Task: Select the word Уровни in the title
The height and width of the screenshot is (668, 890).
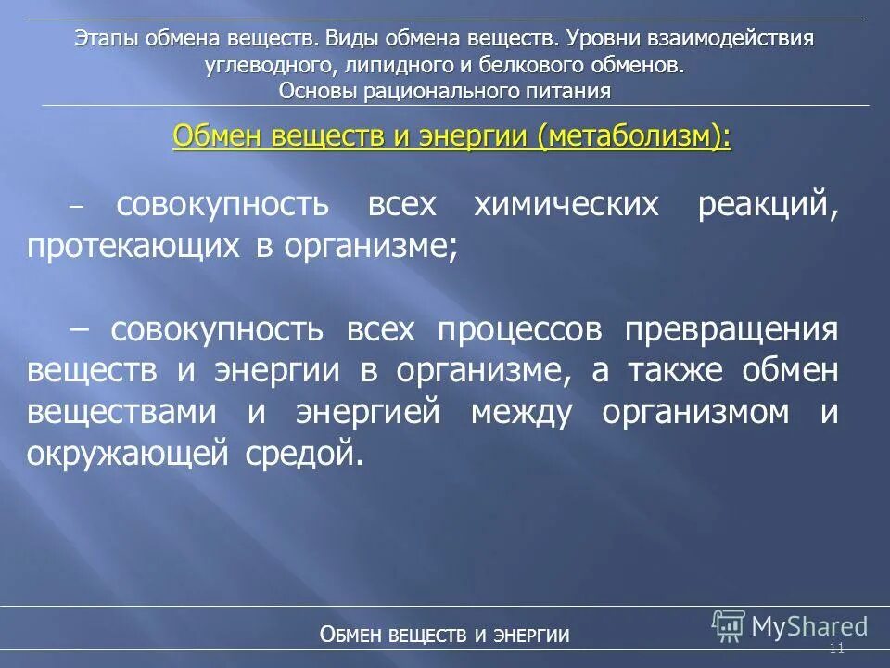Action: [x=603, y=40]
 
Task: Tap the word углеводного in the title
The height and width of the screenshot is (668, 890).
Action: [x=266, y=65]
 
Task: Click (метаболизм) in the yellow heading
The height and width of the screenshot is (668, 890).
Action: [x=632, y=137]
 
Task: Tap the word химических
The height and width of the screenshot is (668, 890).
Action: [x=566, y=205]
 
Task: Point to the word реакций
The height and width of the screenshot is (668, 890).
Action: [x=768, y=205]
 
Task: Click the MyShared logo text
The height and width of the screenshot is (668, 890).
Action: [x=808, y=626]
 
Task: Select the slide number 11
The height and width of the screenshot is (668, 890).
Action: [x=836, y=649]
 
